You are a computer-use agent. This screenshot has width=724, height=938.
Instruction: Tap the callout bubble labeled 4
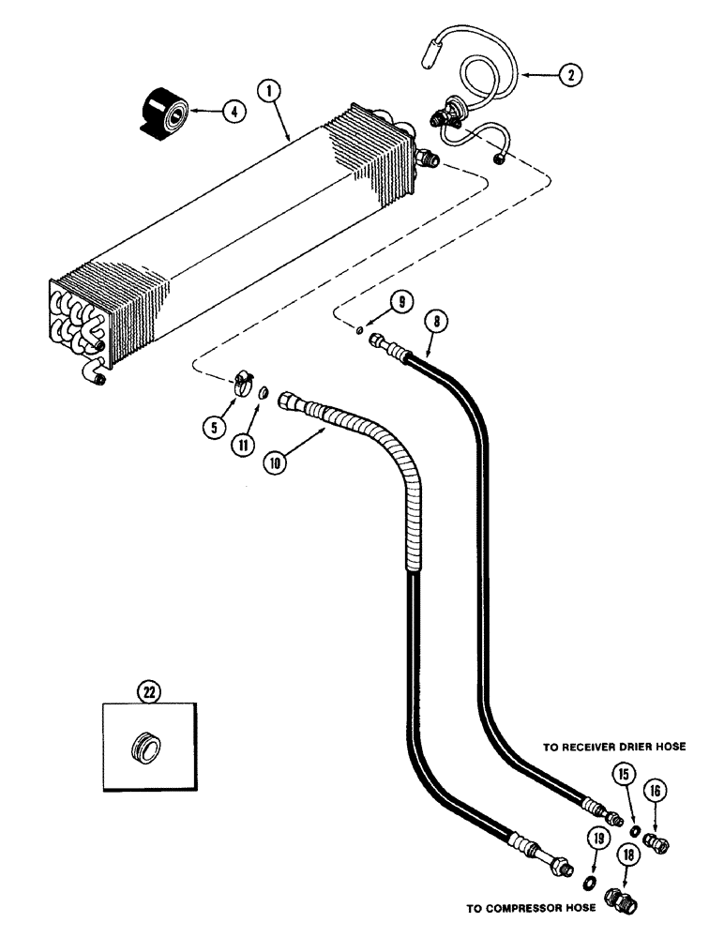point(234,112)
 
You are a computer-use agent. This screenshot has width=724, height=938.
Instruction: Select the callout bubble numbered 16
point(655,793)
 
